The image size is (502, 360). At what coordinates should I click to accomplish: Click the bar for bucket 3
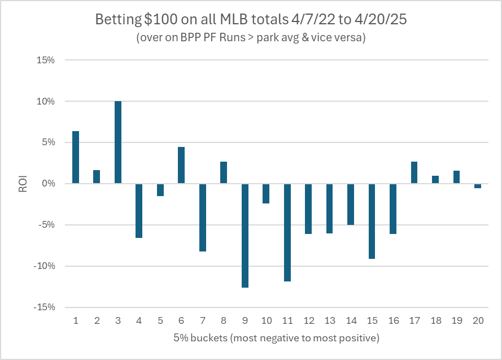(x=118, y=142)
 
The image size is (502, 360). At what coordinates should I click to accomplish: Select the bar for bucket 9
(x=245, y=235)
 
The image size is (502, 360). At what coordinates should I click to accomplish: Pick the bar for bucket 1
(x=76, y=157)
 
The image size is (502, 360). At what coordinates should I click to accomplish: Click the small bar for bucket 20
(x=478, y=186)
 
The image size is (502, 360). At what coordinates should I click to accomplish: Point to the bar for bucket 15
(x=372, y=221)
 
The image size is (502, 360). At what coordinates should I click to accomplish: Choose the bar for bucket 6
(x=181, y=165)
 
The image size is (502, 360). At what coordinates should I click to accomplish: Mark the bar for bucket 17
(x=414, y=172)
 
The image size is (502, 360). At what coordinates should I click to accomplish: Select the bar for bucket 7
(x=203, y=217)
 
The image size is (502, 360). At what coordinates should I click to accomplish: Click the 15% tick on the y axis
(x=45, y=60)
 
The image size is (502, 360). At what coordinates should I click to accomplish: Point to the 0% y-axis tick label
(x=47, y=184)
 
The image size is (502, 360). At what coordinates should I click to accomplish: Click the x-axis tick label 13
(x=329, y=320)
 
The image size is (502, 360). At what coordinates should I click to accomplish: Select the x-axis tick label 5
(x=160, y=320)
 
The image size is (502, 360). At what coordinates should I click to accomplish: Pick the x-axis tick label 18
(x=435, y=320)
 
